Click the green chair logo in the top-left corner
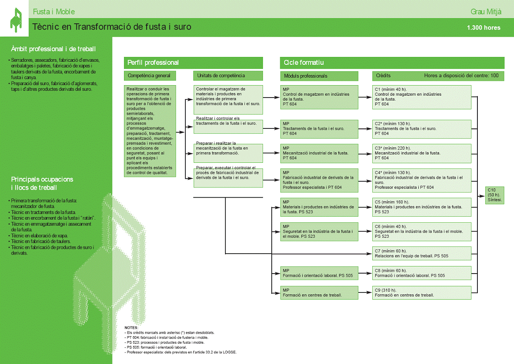point(16,20)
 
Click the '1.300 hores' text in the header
point(484,28)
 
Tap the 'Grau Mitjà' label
point(486,12)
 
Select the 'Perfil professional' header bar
point(193,63)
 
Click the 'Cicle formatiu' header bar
point(392,63)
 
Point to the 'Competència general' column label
point(150,76)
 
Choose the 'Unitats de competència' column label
point(228,76)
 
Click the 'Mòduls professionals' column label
point(319,76)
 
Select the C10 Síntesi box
point(495,195)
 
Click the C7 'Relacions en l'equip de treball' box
point(421,254)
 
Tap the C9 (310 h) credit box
point(421,293)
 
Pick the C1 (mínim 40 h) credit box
point(421,97)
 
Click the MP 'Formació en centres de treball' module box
point(319,293)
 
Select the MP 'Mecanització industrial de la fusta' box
point(319,153)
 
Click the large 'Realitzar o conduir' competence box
point(150,131)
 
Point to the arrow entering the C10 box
point(481,196)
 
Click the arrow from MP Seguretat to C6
point(365,232)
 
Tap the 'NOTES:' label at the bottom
point(131,327)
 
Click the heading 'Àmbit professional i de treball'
point(53,49)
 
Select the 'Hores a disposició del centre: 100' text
point(461,76)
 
